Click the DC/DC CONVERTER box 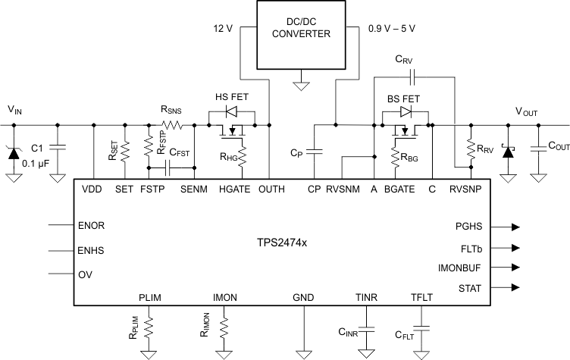pyautogui.click(x=302, y=34)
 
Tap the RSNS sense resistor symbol pyautogui.click(x=175, y=125)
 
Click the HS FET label pyautogui.click(x=231, y=97)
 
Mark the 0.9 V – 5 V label pyautogui.click(x=391, y=28)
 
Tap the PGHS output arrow pyautogui.click(x=515, y=227)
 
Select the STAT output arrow pyautogui.click(x=515, y=288)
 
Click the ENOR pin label pyautogui.click(x=92, y=226)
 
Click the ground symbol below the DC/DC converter pyautogui.click(x=302, y=85)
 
